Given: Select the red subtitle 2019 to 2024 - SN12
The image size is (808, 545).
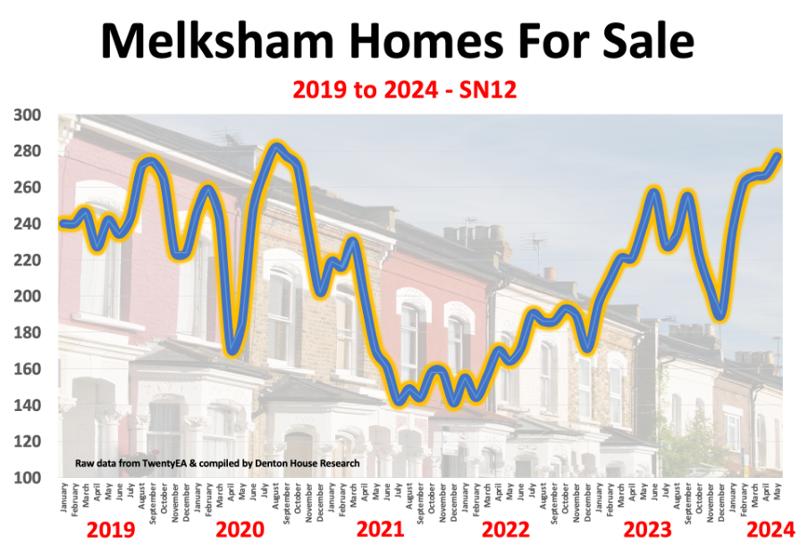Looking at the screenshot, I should coord(404,90).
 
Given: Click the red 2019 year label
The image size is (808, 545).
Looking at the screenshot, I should coord(111,530).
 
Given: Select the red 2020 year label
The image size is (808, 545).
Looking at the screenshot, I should coord(240,530).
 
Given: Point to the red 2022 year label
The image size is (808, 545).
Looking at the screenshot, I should coord(506,530).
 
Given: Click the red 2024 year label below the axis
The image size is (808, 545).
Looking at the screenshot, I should coord(770,529).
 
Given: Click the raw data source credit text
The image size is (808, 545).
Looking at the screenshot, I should coord(217,464).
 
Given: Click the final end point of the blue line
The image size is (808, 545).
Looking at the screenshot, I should coord(778,156).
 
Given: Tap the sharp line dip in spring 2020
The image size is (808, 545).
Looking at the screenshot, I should coord(231,349).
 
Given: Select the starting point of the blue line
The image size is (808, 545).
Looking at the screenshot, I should coord(63,223).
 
